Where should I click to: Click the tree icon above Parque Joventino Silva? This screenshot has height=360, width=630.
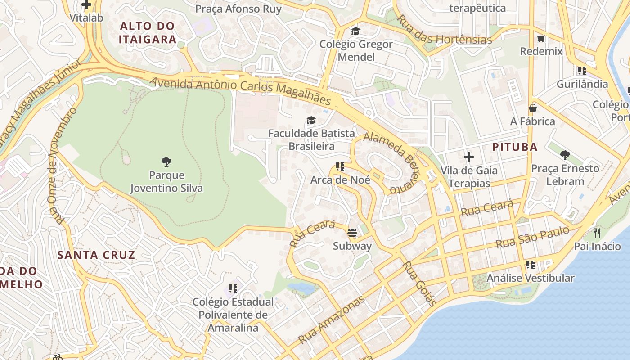pos(166,162)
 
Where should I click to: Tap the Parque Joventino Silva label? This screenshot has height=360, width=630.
pos(166,181)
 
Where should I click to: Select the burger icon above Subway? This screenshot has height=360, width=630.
pos(352,233)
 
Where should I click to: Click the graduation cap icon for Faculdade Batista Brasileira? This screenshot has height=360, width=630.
pos(311,120)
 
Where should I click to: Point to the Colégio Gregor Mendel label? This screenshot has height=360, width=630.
pos(356,50)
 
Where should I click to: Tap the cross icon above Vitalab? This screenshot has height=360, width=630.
pos(86,5)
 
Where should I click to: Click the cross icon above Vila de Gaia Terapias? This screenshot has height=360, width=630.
pos(469,157)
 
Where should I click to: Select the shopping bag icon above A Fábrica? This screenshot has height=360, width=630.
pos(533,108)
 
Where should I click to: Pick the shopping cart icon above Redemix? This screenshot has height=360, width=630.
pos(541,38)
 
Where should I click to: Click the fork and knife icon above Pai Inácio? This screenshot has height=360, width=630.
pos(597,233)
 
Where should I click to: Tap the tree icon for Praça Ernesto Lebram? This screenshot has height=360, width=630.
pos(565,155)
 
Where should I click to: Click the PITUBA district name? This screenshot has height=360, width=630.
pos(515,147)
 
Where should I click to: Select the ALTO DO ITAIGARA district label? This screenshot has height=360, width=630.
pos(148,32)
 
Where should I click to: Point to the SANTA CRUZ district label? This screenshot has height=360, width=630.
pos(96,255)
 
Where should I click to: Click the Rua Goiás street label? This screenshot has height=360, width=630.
pos(419,283)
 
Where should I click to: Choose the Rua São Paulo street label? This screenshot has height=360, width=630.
pos(532,237)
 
